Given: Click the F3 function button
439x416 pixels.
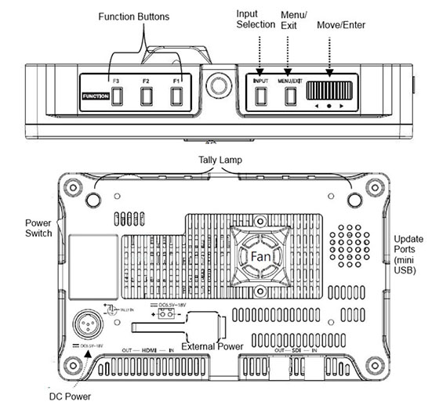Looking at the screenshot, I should coord(116,96).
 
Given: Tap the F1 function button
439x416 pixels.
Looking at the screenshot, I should coord(176,96).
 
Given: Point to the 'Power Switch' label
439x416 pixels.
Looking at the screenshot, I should coord(38,227).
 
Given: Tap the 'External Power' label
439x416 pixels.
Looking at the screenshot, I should coord(211,346).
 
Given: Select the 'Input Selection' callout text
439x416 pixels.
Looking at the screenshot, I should coord(256,19).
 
